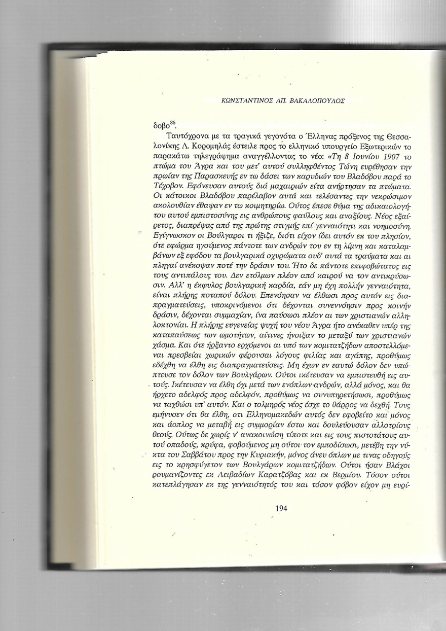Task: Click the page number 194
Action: pos(281,508)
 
